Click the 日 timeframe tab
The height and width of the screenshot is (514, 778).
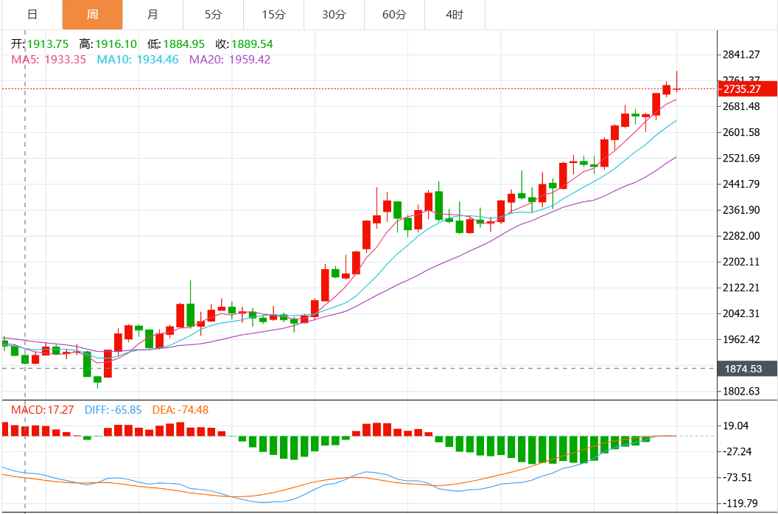pos(32,15)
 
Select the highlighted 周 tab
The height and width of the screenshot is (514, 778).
pos(92,15)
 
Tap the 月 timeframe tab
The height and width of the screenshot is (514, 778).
pos(153,15)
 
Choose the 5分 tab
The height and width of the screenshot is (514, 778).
pos(212,15)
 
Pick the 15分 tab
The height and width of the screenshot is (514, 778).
pos(273,15)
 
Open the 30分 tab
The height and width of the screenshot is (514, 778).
pos(334,15)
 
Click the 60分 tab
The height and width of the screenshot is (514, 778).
pos(394,15)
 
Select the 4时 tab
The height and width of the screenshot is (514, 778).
pos(455,15)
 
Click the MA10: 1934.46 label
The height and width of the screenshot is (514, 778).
pos(138,60)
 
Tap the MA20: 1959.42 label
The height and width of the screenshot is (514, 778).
pos(230,60)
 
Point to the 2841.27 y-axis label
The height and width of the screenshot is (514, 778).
pos(741,55)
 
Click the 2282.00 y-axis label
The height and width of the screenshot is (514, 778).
pos(741,236)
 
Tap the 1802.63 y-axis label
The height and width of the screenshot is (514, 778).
pos(741,392)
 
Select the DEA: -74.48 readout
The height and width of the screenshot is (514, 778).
pos(180,410)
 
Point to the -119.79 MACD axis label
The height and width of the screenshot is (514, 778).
pos(741,504)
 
